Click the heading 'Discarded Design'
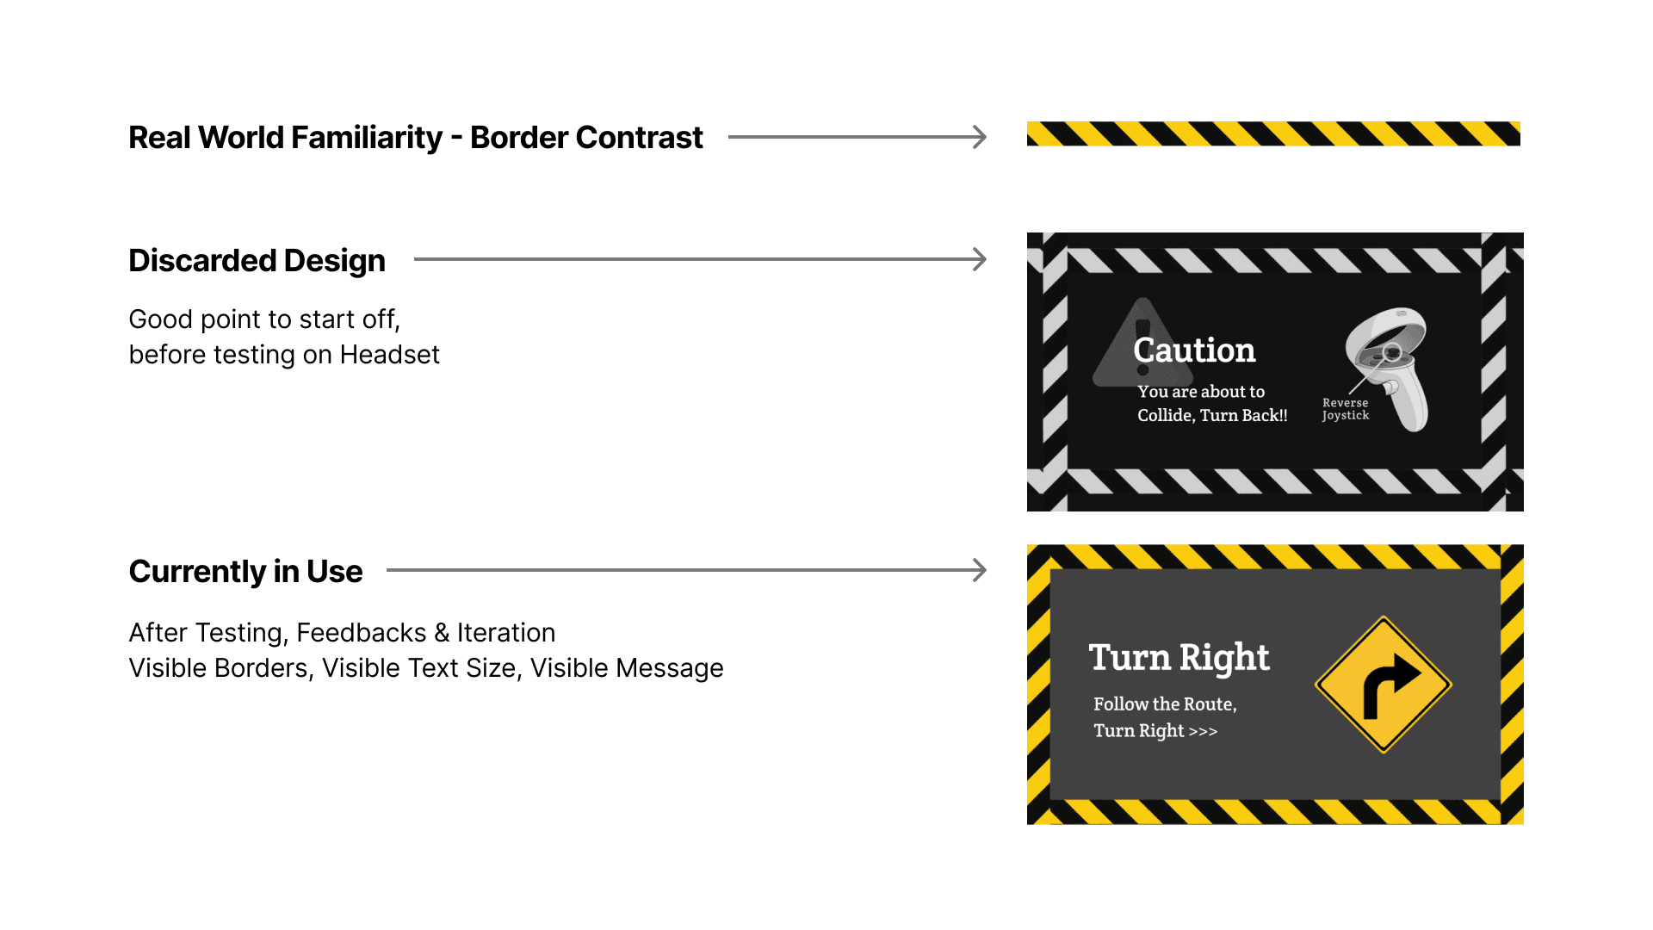tap(257, 260)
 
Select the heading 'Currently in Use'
tap(245, 571)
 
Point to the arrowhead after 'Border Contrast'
tap(980, 137)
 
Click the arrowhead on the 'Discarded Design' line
tap(980, 259)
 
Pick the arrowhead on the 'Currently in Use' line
tap(980, 570)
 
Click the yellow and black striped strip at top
tap(1273, 134)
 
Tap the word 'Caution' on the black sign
tap(1194, 350)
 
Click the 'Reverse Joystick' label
tap(1345, 409)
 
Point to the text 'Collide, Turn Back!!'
tap(1212, 416)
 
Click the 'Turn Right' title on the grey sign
tap(1179, 658)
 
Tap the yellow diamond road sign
tap(1384, 685)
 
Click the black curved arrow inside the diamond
tap(1388, 683)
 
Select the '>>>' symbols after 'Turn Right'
tap(1203, 732)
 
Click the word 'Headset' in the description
tap(389, 355)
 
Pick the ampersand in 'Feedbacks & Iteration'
tap(442, 633)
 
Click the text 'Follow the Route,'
tap(1165, 704)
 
